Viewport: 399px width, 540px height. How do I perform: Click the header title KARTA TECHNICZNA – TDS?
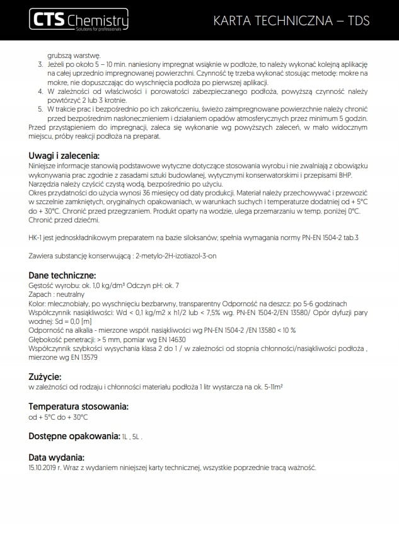(x=291, y=22)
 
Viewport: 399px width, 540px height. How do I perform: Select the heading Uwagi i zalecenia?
(x=65, y=156)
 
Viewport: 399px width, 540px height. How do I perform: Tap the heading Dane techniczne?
(x=62, y=275)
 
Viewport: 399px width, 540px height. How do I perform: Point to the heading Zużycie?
(x=46, y=377)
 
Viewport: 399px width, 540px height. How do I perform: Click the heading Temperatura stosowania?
(x=79, y=406)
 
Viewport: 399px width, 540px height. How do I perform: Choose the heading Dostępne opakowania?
(x=74, y=436)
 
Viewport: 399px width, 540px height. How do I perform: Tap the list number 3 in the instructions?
(x=40, y=65)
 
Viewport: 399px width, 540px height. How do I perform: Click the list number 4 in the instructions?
(x=40, y=91)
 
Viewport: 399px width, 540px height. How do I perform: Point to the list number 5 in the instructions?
(x=40, y=109)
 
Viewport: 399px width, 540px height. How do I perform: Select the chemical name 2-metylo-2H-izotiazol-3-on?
(x=182, y=256)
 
